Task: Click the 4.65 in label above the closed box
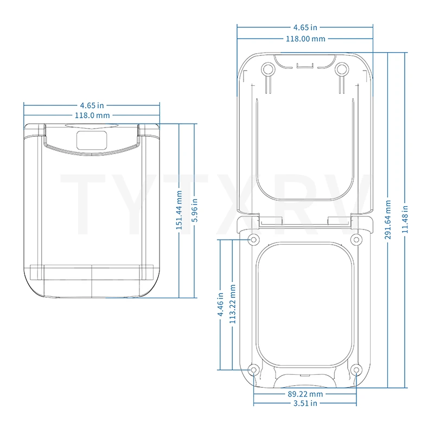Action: [92, 105]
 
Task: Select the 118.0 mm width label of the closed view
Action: [92, 116]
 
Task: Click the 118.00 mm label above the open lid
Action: [305, 39]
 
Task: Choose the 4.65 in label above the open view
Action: [305, 27]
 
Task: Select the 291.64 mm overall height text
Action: [388, 220]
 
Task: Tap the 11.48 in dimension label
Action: [405, 220]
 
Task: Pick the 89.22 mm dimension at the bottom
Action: [304, 394]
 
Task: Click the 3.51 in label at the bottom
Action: [304, 404]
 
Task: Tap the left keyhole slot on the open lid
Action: [267, 70]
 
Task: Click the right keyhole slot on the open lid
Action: [341, 70]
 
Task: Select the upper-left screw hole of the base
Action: [253, 240]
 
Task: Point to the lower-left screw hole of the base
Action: [253, 370]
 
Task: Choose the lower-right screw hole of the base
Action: [356, 370]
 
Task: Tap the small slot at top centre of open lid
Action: [304, 66]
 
